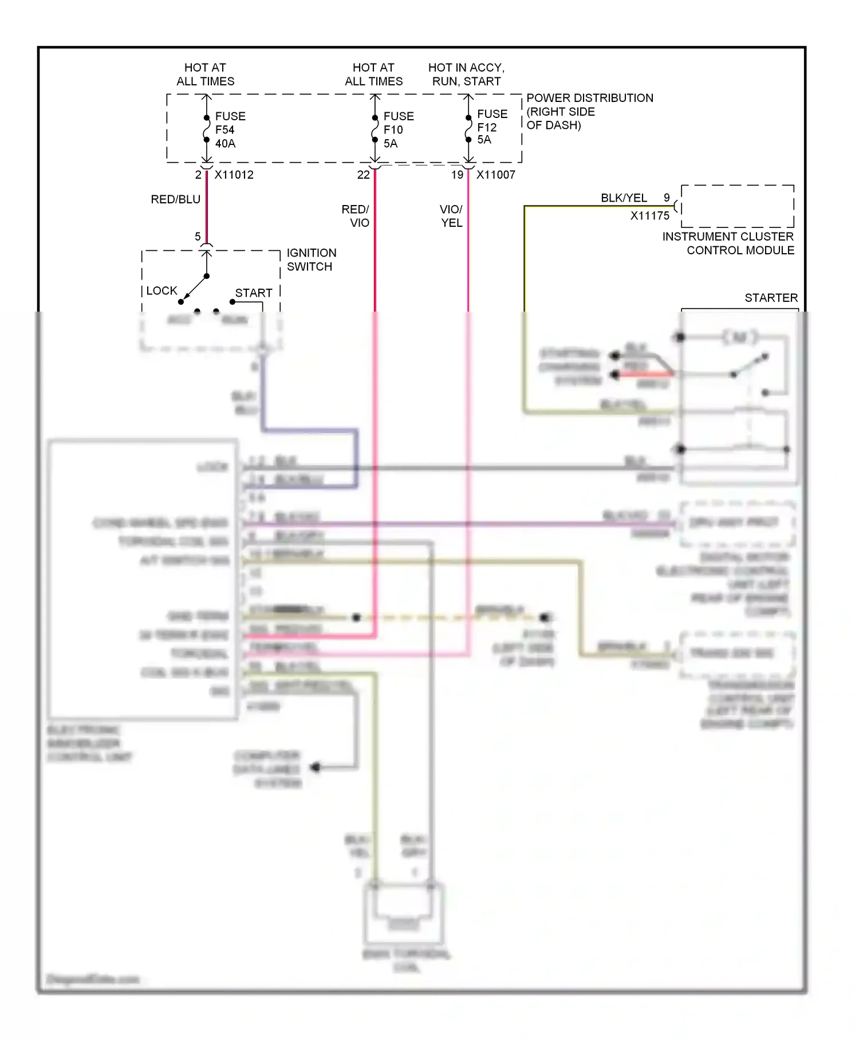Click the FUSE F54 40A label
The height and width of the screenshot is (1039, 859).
coord(230,130)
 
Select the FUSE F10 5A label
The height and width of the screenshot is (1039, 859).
coord(398,130)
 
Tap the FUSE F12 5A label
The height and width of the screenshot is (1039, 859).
coord(491,127)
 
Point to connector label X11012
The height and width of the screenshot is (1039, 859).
coord(234,175)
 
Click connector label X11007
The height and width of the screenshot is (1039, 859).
coord(495,175)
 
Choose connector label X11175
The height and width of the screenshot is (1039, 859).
coord(649,216)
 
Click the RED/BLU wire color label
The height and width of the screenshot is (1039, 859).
coord(175,199)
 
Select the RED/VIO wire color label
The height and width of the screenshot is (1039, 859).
coord(356,216)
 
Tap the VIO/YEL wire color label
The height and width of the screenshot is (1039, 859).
coord(451,216)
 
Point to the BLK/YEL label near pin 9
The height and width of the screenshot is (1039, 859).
coord(624,198)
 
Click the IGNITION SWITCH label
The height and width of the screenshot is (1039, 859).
coord(311,259)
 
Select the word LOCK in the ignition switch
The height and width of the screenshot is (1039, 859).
coord(161,291)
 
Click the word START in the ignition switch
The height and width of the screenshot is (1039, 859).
coord(253,293)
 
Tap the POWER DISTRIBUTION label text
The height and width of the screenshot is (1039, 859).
coord(589,111)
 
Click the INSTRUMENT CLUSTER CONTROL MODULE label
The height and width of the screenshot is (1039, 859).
coord(728,243)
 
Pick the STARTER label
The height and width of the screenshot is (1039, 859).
coord(771,298)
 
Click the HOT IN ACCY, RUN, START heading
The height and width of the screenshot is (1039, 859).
coord(466,74)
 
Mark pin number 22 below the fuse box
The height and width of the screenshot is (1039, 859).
coord(363,175)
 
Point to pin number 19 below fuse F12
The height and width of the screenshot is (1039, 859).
coord(457,175)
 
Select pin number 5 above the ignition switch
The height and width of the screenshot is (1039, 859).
coord(198,237)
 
